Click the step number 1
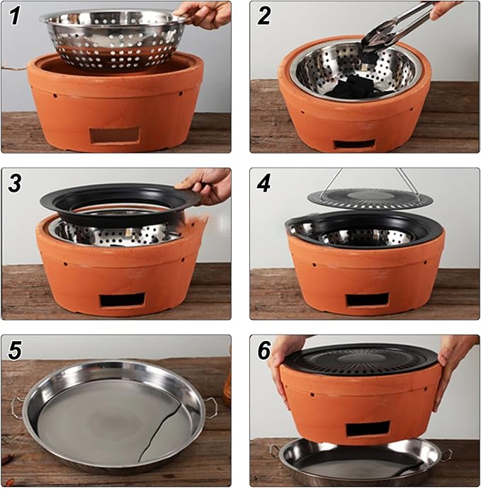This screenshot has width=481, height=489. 14,16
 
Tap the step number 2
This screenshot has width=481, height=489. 264,16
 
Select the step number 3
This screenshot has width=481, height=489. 15,183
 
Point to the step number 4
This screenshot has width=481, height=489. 264,183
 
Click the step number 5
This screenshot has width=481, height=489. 14,350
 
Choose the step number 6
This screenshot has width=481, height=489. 264,350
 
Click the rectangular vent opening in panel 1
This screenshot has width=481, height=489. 114,136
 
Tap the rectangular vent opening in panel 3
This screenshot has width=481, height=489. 123,300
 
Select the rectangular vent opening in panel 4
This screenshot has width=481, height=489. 368,300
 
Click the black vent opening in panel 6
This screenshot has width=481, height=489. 368,429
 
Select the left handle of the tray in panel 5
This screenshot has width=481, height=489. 18,405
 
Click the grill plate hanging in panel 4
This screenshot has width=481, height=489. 370,198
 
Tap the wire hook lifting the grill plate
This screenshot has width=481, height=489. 370,180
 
